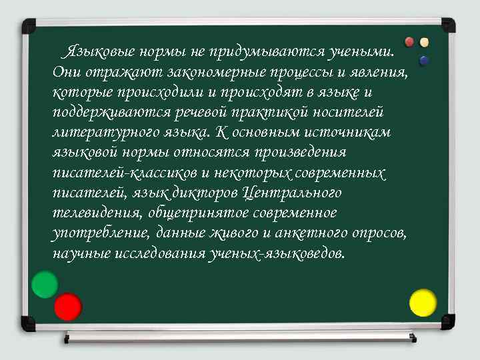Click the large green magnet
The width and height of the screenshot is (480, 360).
click(45, 285)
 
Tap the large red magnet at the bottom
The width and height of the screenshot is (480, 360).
click(67, 307)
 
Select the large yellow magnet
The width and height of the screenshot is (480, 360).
click(423, 303)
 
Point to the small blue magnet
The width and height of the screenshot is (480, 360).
click(424, 61)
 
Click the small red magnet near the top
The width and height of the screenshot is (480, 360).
click(410, 42)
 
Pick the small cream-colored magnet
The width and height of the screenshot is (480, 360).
click(424, 42)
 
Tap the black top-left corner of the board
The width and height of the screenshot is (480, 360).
click(29, 27)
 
